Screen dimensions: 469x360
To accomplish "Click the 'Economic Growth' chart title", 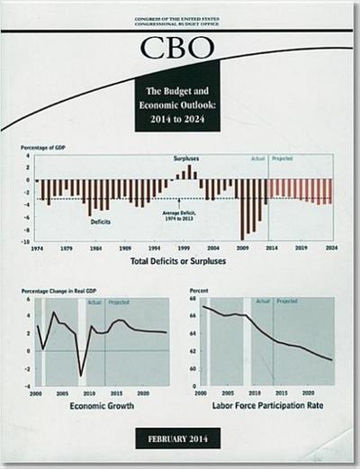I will click(x=102, y=407).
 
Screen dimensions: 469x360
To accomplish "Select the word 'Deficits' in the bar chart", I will click(x=100, y=221).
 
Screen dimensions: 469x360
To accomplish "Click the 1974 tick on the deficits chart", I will click(x=37, y=248).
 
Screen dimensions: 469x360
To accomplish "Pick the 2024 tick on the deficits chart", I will click(x=331, y=248).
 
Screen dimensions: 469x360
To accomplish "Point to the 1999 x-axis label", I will click(x=184, y=248).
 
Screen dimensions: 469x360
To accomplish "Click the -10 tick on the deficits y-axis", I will click(x=29, y=241).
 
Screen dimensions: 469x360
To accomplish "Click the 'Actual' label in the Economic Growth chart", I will click(x=94, y=302).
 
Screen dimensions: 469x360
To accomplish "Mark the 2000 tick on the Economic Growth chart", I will click(x=36, y=393).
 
